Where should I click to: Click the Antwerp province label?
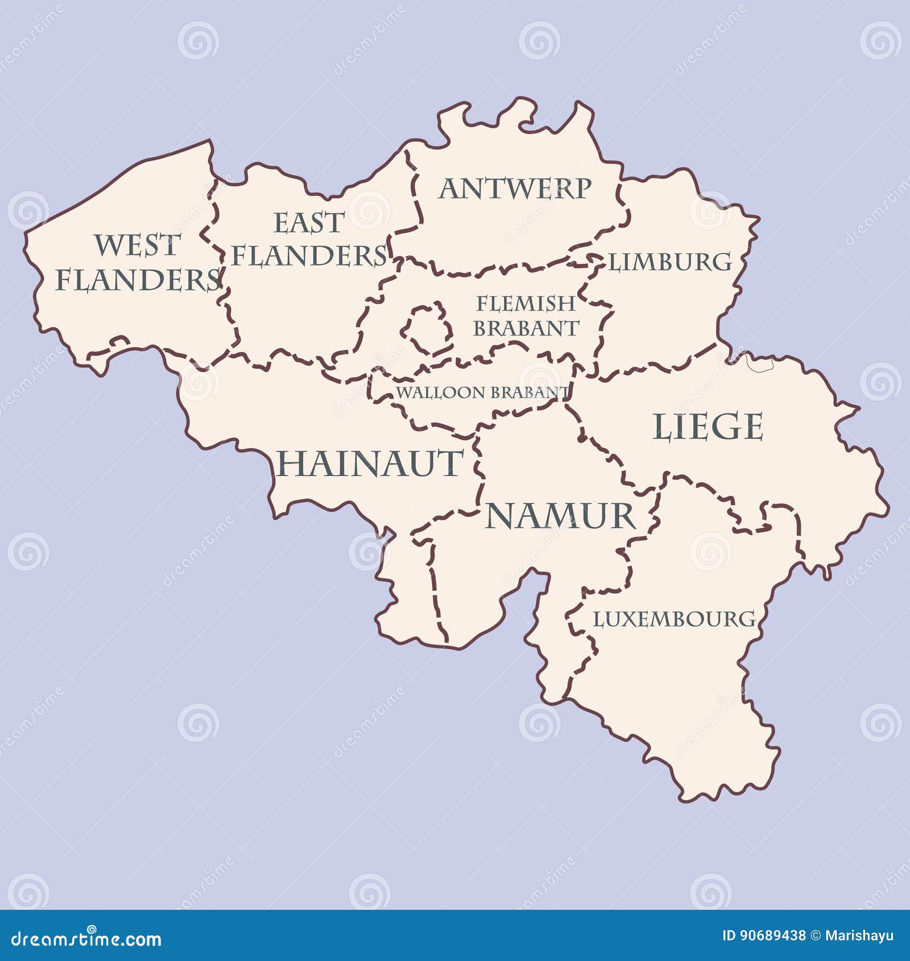pos(515,189)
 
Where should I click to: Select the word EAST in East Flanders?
pos(309,223)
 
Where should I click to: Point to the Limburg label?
pos(671,262)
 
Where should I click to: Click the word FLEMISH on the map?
pos(526,304)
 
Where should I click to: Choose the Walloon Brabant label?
pos(482,392)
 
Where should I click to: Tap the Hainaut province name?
pos(370,463)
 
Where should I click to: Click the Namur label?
pos(560,516)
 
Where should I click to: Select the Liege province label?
pos(708,427)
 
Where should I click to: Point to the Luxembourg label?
pos(675,619)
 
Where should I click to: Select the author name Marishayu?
pos(859,936)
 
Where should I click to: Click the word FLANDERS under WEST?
pos(138,280)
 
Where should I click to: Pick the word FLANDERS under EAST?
pos(310,256)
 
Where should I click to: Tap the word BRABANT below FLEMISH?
pos(526,329)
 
